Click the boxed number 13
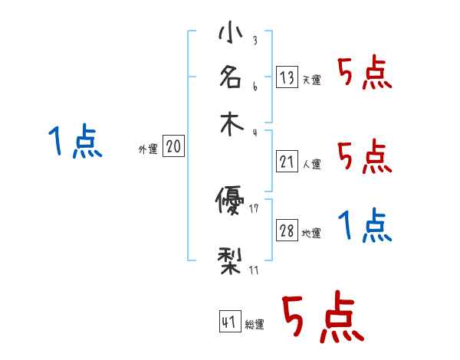(287, 77)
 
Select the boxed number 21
(287, 161)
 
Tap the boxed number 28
(287, 231)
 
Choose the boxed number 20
(174, 146)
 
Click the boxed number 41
(230, 322)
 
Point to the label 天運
(311, 80)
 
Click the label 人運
(311, 164)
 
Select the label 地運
(311, 234)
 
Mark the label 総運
(255, 325)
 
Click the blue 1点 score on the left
(75, 142)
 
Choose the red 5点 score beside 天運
(364, 74)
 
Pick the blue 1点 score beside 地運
(364, 226)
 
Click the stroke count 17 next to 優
(255, 209)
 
